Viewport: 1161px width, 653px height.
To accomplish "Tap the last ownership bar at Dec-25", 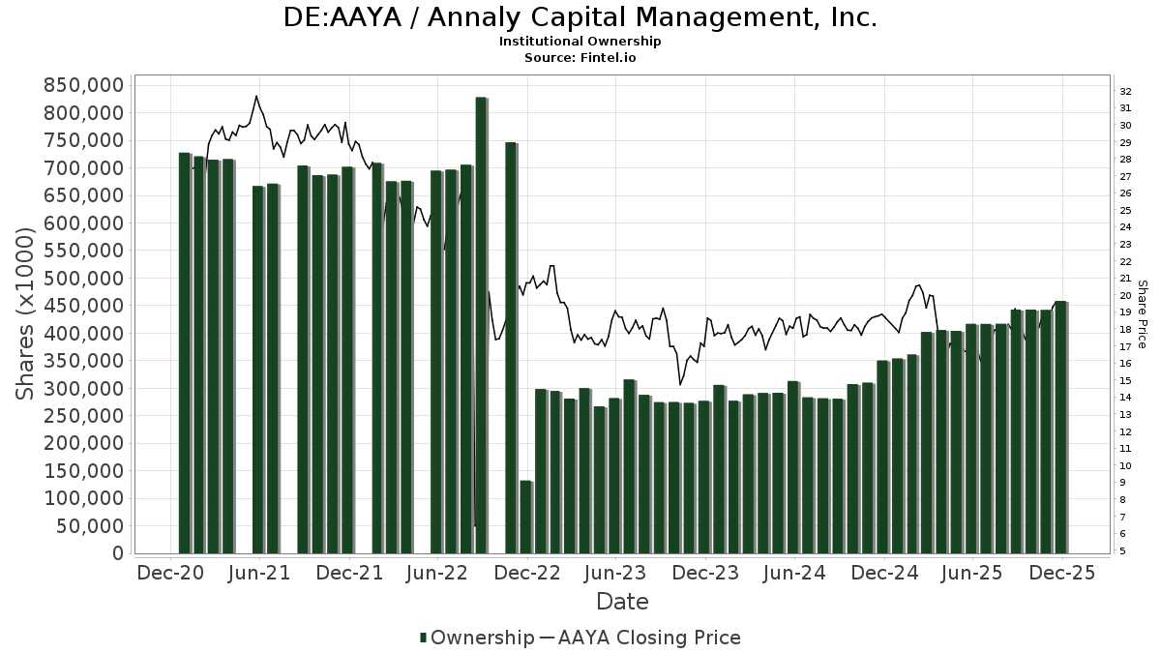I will tap(1060, 427).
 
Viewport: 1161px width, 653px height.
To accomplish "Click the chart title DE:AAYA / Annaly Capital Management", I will tap(580, 17).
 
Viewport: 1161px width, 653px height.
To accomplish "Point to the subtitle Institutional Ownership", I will tap(580, 42).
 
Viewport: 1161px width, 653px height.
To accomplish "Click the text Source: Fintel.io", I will tap(580, 57).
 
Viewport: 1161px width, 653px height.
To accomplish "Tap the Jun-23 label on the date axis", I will tap(616, 573).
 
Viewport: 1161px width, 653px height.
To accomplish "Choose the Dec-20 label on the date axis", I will tap(170, 573).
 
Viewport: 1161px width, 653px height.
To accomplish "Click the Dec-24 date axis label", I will tap(884, 573).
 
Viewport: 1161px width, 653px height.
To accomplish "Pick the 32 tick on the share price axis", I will tap(1126, 92).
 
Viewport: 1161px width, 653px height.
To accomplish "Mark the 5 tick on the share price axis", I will tap(1123, 551).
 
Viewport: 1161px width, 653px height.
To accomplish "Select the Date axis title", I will tap(622, 602).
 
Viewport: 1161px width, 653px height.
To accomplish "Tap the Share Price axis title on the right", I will tap(1142, 314).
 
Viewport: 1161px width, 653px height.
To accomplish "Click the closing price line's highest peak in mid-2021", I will tap(255, 96).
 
